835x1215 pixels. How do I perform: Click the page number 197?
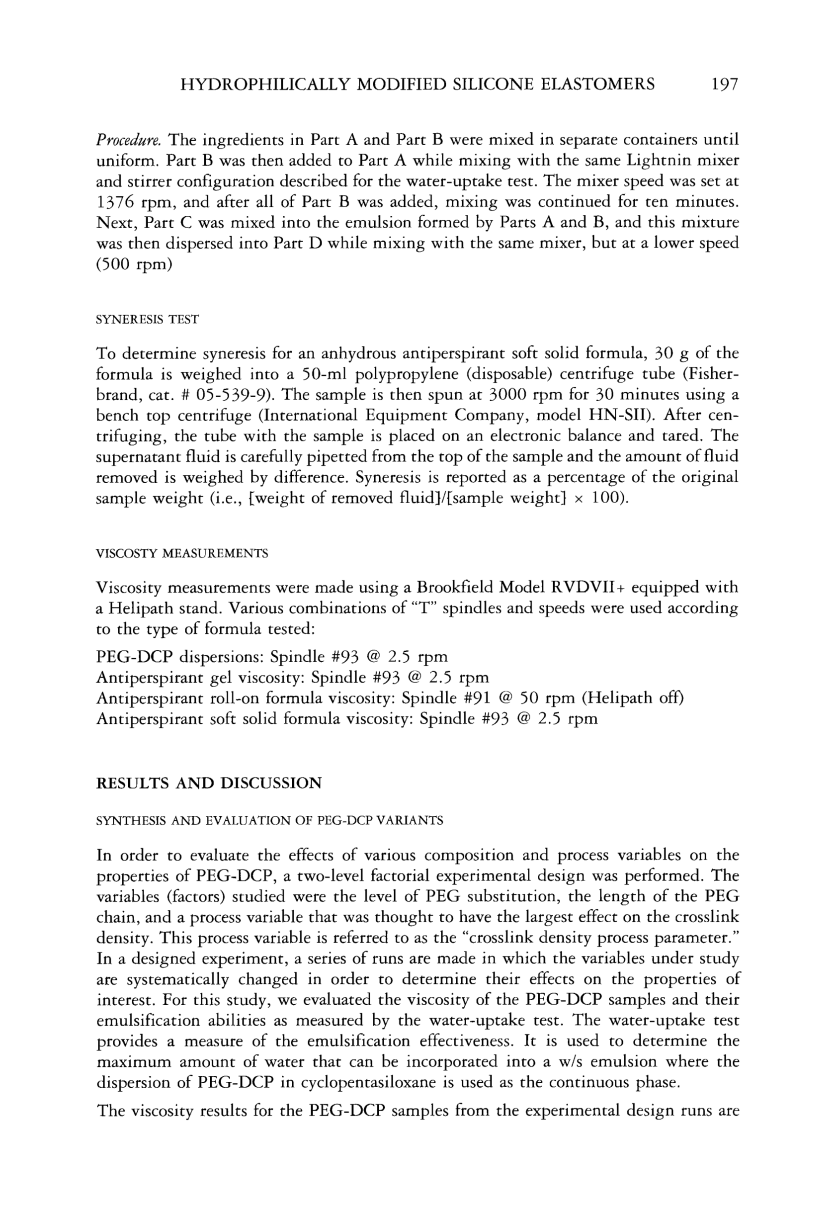click(724, 84)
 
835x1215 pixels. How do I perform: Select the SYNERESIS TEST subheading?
click(148, 320)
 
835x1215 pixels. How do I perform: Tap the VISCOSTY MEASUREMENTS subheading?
click(182, 554)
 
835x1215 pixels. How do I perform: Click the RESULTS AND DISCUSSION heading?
click(209, 783)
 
